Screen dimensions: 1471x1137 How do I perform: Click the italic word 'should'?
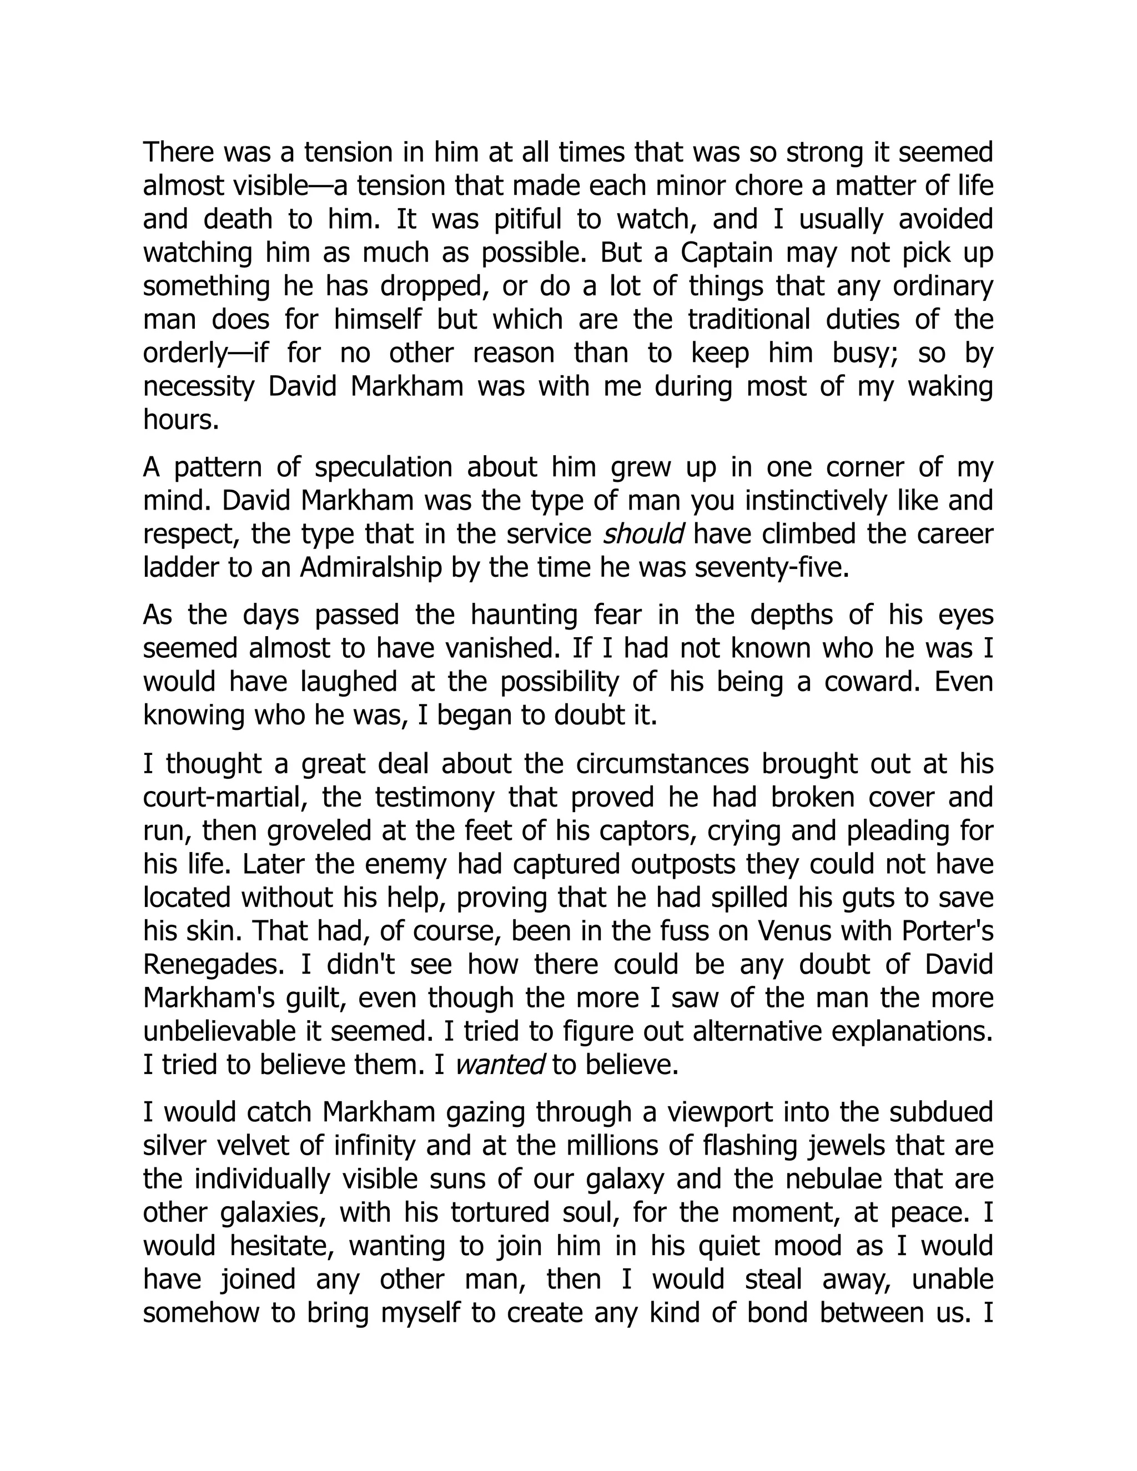point(643,534)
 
